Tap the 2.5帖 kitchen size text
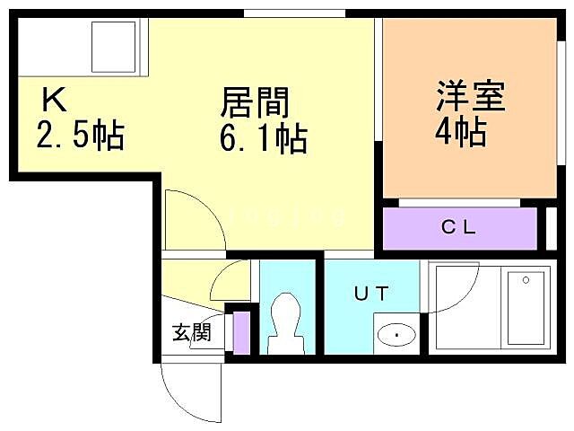(x=80, y=136)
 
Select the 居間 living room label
(x=256, y=102)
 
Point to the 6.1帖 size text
(x=264, y=139)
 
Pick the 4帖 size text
(x=460, y=133)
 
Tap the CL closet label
(x=458, y=227)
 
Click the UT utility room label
(x=371, y=292)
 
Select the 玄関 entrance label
(x=192, y=333)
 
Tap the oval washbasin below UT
(x=396, y=335)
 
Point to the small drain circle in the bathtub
(x=526, y=279)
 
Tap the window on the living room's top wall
(x=294, y=13)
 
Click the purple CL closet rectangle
(x=460, y=228)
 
